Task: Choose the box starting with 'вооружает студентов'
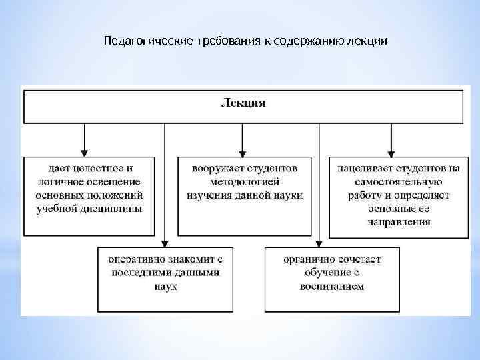coord(245,196)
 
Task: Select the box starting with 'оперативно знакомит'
coord(165,279)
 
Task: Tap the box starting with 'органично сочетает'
coord(331,279)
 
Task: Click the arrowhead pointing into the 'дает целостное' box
coord(85,151)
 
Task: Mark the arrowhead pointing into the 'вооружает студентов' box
coord(243,151)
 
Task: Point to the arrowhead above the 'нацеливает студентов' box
coord(392,151)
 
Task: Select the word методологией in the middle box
coord(245,182)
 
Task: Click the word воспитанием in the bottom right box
coord(331,286)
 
